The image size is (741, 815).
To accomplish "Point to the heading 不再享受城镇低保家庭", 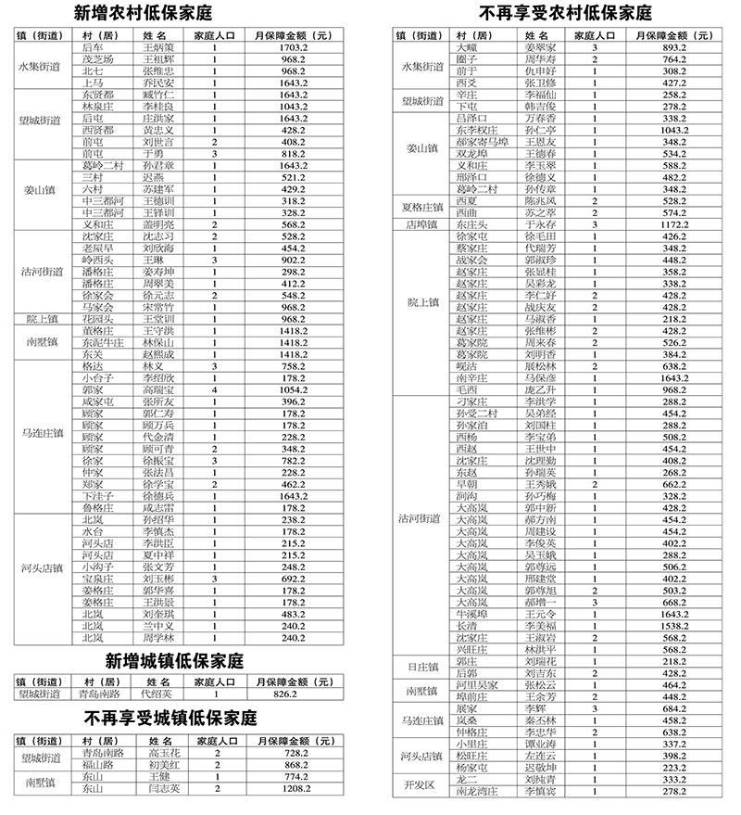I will [171, 719].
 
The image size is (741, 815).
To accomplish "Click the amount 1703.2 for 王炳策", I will [293, 46].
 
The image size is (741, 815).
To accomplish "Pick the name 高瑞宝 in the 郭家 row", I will [158, 391].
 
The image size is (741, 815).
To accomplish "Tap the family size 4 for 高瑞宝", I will [214, 391].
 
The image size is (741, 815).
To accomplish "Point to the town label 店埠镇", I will [421, 223].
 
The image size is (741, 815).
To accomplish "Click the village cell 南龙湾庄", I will [477, 792].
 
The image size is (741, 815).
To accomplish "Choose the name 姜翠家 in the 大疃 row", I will [541, 46].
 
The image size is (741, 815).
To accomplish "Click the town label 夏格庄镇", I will [421, 205].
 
